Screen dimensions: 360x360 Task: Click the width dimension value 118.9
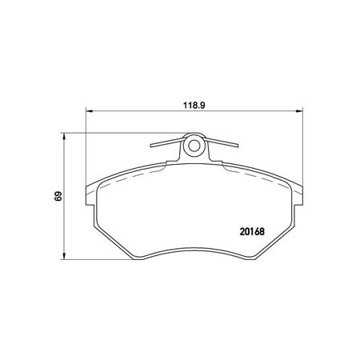pyautogui.click(x=194, y=106)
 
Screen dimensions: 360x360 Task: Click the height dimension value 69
pyautogui.click(x=58, y=196)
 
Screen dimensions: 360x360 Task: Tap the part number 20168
pyautogui.click(x=252, y=231)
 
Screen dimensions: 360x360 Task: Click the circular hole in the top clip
pyautogui.click(x=194, y=146)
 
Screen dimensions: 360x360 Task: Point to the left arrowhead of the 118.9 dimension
pyautogui.click(x=88, y=110)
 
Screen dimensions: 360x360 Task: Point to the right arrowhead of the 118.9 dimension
pyautogui.click(x=300, y=110)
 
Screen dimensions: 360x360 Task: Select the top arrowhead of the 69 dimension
pyautogui.click(x=64, y=136)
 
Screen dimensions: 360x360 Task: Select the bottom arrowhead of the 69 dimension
pyautogui.click(x=64, y=256)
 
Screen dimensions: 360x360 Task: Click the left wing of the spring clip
pyautogui.click(x=166, y=142)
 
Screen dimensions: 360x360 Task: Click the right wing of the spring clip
pyautogui.click(x=222, y=142)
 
